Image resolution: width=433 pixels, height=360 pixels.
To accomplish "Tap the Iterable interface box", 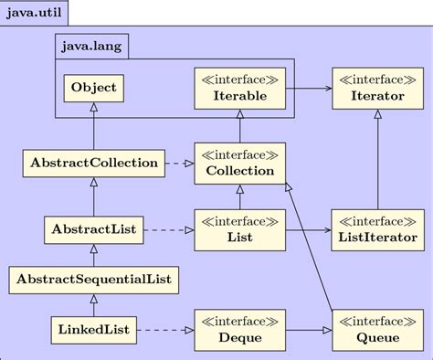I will point(240,89).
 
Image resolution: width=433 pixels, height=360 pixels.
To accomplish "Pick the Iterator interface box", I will point(377,89).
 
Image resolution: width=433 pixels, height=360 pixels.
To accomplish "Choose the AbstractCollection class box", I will point(93,164).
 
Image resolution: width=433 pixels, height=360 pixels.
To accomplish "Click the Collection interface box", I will point(240,164).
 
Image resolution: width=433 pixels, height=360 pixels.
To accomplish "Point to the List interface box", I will point(240,229).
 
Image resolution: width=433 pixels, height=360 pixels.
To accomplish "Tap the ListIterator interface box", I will point(377,229).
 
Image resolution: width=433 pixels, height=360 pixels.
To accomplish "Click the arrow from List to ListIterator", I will point(309,229).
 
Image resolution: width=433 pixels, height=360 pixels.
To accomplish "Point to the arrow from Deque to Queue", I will point(309,329).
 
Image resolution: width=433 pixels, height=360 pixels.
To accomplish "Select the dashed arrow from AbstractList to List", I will point(168,229).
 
